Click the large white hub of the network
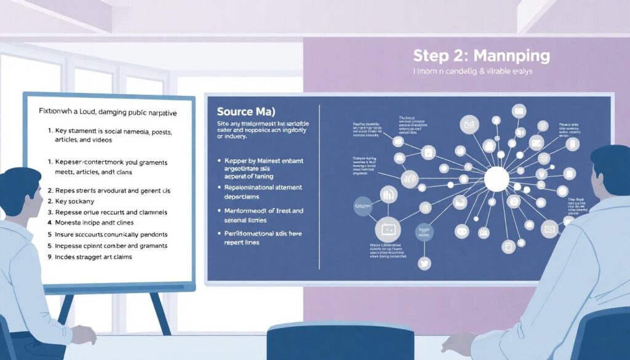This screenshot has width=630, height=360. (496, 180)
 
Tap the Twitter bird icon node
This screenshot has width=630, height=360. (423, 263)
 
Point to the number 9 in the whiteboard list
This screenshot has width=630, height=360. (49, 257)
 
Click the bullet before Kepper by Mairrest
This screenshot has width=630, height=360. (220, 160)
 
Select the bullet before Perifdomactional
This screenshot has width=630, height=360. (220, 234)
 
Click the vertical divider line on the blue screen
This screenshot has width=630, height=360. (319, 185)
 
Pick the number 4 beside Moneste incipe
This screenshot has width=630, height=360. (49, 223)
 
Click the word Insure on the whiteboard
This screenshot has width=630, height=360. (67, 234)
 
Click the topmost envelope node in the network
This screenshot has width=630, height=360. (519, 111)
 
